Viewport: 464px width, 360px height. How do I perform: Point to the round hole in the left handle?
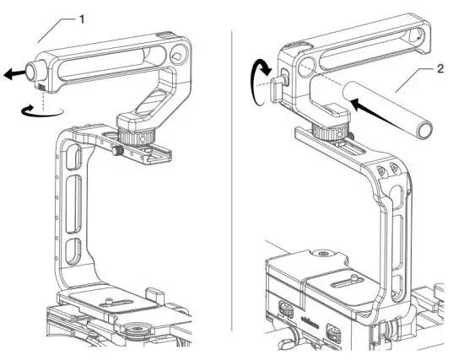(178, 56)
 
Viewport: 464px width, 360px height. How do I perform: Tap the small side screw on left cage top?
(116, 151)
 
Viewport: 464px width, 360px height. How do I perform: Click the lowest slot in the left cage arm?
(73, 250)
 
